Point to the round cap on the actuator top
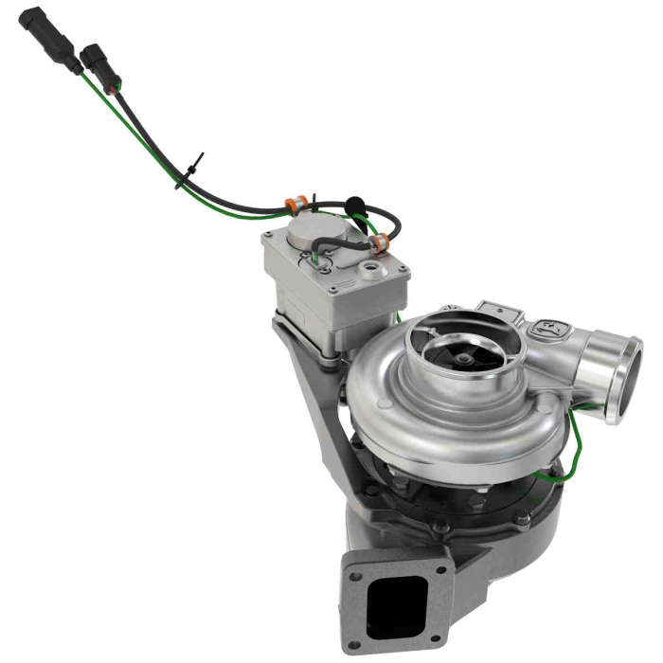click(313, 230)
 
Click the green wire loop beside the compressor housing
click(573, 445)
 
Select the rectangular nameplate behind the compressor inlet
click(502, 313)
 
